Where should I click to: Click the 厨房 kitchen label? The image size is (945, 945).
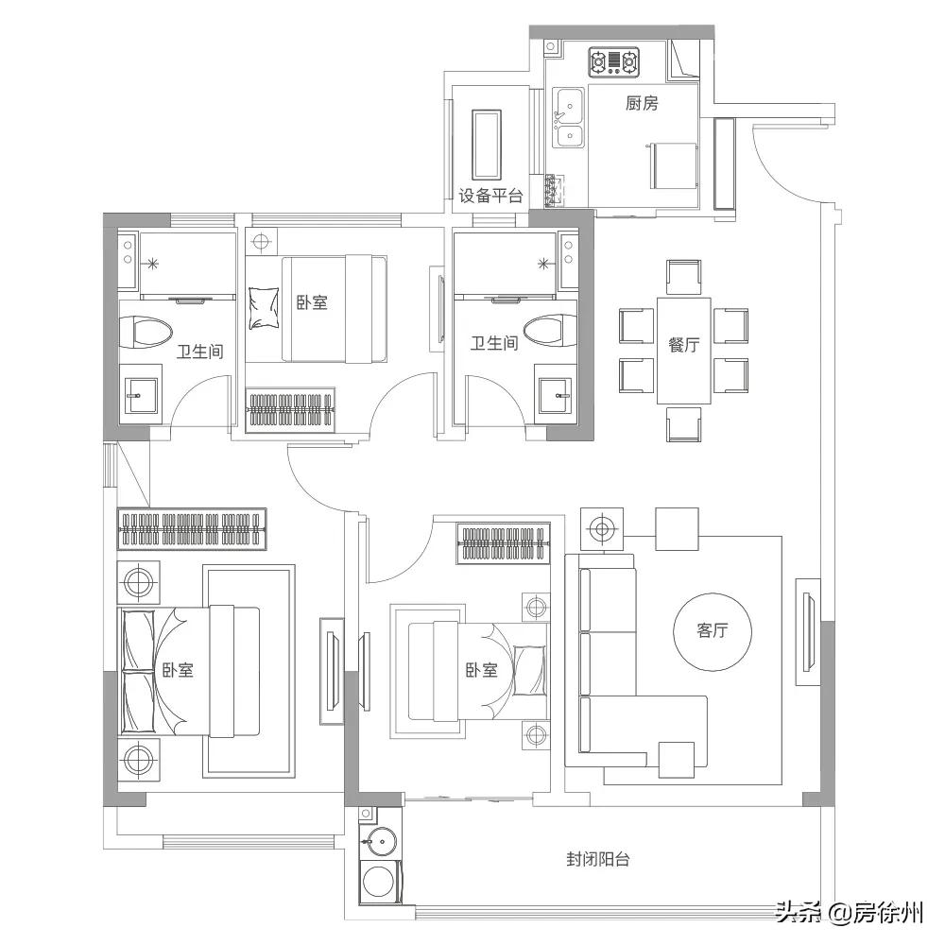(642, 104)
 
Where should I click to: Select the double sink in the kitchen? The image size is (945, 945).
(569, 118)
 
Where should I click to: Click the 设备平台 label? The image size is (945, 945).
(490, 197)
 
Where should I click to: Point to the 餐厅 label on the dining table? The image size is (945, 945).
(683, 346)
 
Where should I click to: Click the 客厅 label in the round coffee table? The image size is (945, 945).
(713, 631)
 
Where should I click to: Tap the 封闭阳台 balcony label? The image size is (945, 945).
(598, 860)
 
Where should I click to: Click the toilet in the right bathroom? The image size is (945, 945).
(549, 332)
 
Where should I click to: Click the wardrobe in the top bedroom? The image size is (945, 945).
(291, 410)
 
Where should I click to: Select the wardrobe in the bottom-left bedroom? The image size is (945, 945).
(195, 529)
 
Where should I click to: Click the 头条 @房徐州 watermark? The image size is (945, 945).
(849, 913)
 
